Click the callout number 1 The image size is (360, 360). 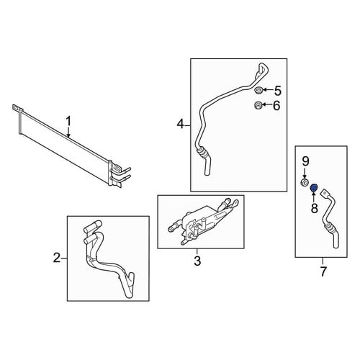click(68, 121)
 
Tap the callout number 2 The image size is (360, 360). click(57, 258)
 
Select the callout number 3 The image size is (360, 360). click(197, 261)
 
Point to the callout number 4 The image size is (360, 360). click(180, 124)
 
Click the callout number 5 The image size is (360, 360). click(278, 91)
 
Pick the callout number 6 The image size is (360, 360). click(276, 106)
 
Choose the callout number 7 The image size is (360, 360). click(323, 271)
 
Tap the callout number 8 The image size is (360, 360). click(314, 208)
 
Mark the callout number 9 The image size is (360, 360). click(305, 161)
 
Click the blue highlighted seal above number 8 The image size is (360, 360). click(314, 188)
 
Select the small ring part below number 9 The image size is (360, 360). click(305, 182)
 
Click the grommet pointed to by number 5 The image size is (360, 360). click(258, 90)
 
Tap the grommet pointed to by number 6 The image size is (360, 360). click(258, 105)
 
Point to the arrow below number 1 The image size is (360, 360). click(68, 132)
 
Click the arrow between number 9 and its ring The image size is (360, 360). click(305, 173)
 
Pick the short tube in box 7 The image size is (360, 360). click(330, 218)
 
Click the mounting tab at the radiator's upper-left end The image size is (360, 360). click(17, 108)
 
